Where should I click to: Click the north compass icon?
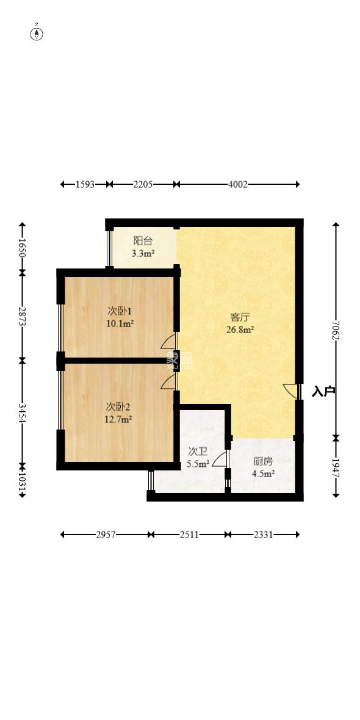[x=37, y=33]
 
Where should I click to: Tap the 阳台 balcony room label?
[x=143, y=240]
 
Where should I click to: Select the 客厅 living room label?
[x=240, y=317]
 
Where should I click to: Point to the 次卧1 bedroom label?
[x=120, y=311]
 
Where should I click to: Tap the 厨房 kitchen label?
[x=263, y=461]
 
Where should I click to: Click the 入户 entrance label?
[x=323, y=391]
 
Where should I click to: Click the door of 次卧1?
[x=169, y=340]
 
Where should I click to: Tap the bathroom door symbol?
[x=222, y=458]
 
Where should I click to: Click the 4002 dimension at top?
[x=237, y=184]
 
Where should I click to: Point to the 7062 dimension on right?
[x=335, y=329]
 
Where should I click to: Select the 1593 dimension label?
[x=85, y=184]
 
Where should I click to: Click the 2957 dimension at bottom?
[x=106, y=535]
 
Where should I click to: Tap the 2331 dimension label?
[x=263, y=535]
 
